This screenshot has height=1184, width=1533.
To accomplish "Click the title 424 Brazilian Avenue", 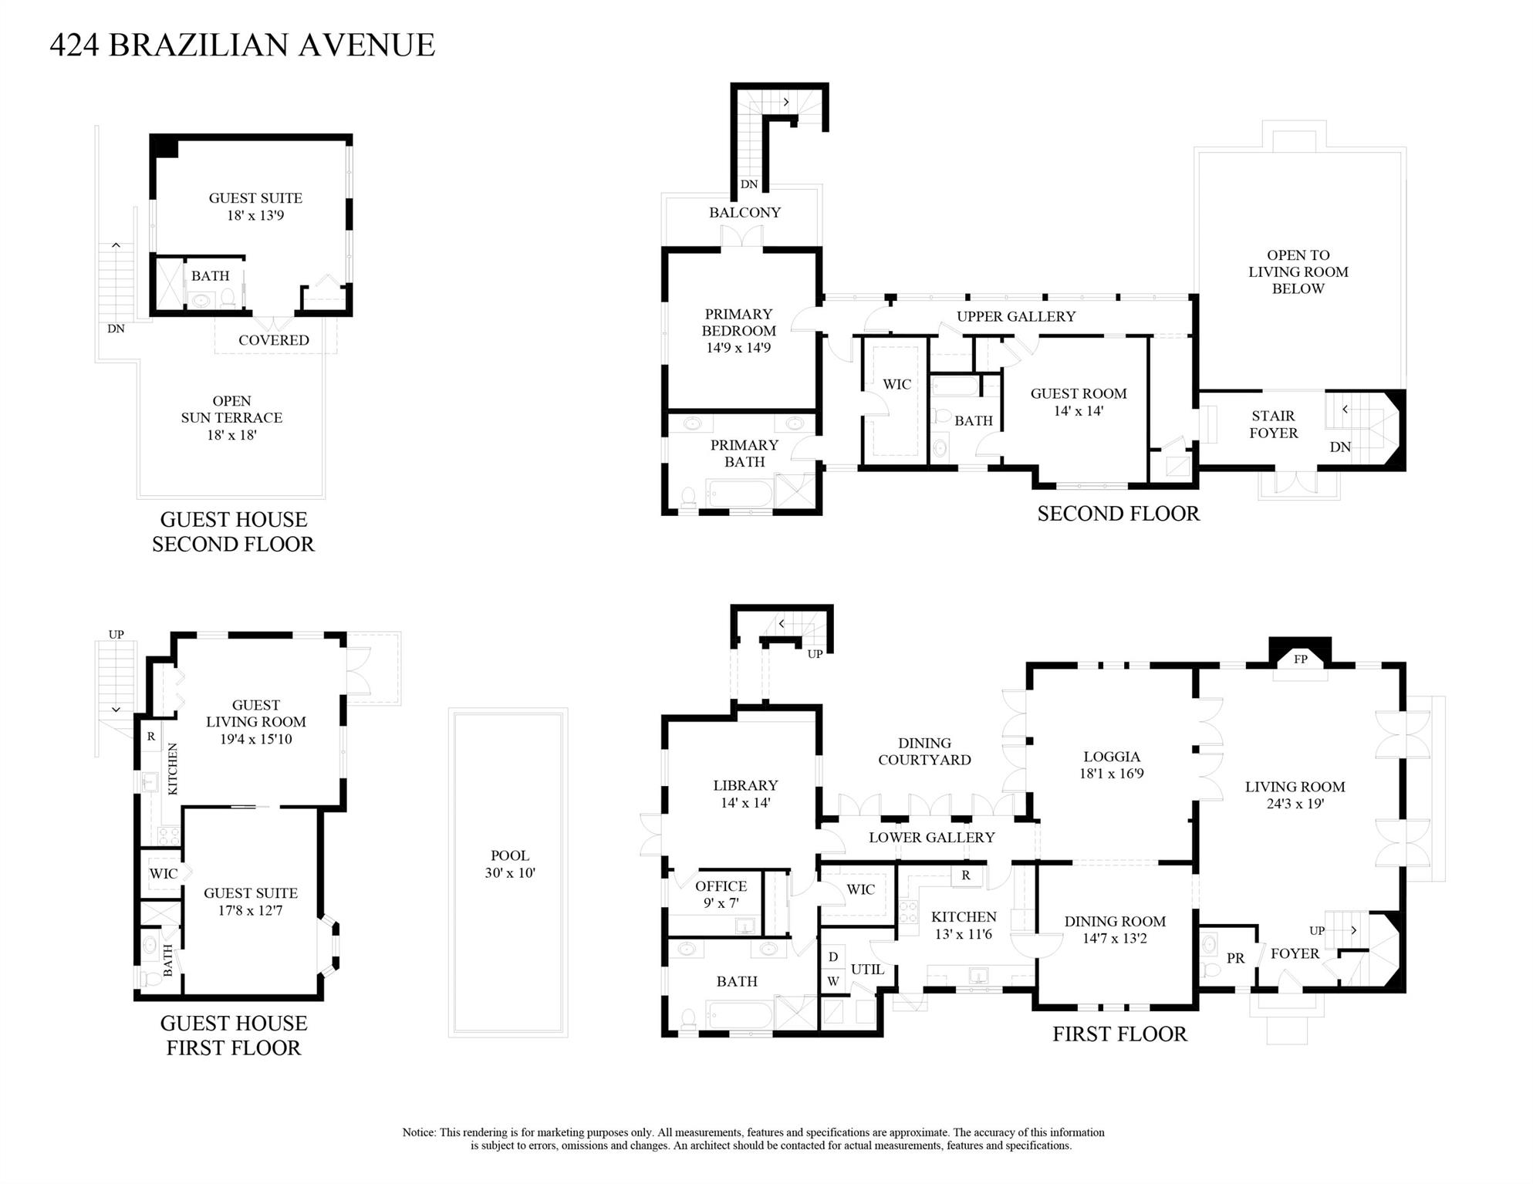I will (242, 45).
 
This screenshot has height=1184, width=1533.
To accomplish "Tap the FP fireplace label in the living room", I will (1300, 659).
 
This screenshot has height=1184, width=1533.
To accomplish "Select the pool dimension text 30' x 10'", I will (510, 872).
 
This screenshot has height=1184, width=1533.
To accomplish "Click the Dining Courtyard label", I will (924, 751).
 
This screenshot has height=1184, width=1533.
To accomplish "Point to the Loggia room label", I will (1111, 757).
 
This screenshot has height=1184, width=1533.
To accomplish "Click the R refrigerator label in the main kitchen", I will (965, 875).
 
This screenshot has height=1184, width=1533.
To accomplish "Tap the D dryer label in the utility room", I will (832, 957).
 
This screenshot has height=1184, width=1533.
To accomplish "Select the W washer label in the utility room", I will (832, 982).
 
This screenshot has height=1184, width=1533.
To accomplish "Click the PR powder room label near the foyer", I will (1235, 958).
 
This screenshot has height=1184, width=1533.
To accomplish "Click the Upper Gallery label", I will (1015, 316).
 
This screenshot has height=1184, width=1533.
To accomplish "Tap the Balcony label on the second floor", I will (745, 212).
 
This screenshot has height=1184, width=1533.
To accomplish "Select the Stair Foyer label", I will (1273, 424).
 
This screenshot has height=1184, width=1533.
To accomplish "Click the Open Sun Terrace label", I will (231, 410).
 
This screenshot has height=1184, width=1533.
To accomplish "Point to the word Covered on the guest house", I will (273, 340).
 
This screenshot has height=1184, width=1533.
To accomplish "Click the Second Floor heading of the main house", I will (1118, 514).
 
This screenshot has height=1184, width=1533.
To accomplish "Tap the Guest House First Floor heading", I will (234, 1035).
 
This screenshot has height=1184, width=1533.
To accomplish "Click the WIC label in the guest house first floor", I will (163, 873).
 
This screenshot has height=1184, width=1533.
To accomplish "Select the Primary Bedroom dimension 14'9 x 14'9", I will (738, 348).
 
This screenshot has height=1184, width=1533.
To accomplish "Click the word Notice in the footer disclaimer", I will (419, 1132).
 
